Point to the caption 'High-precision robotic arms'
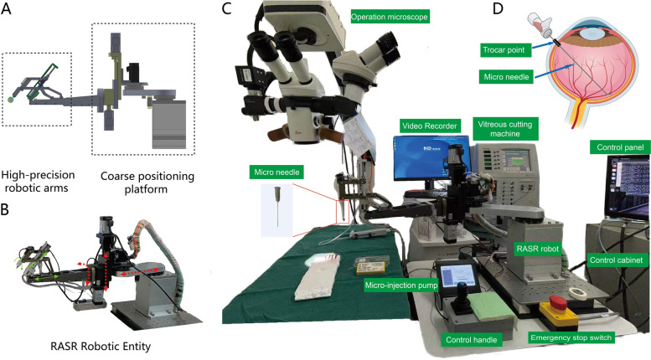point(37,182)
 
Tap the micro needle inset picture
point(276,213)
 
